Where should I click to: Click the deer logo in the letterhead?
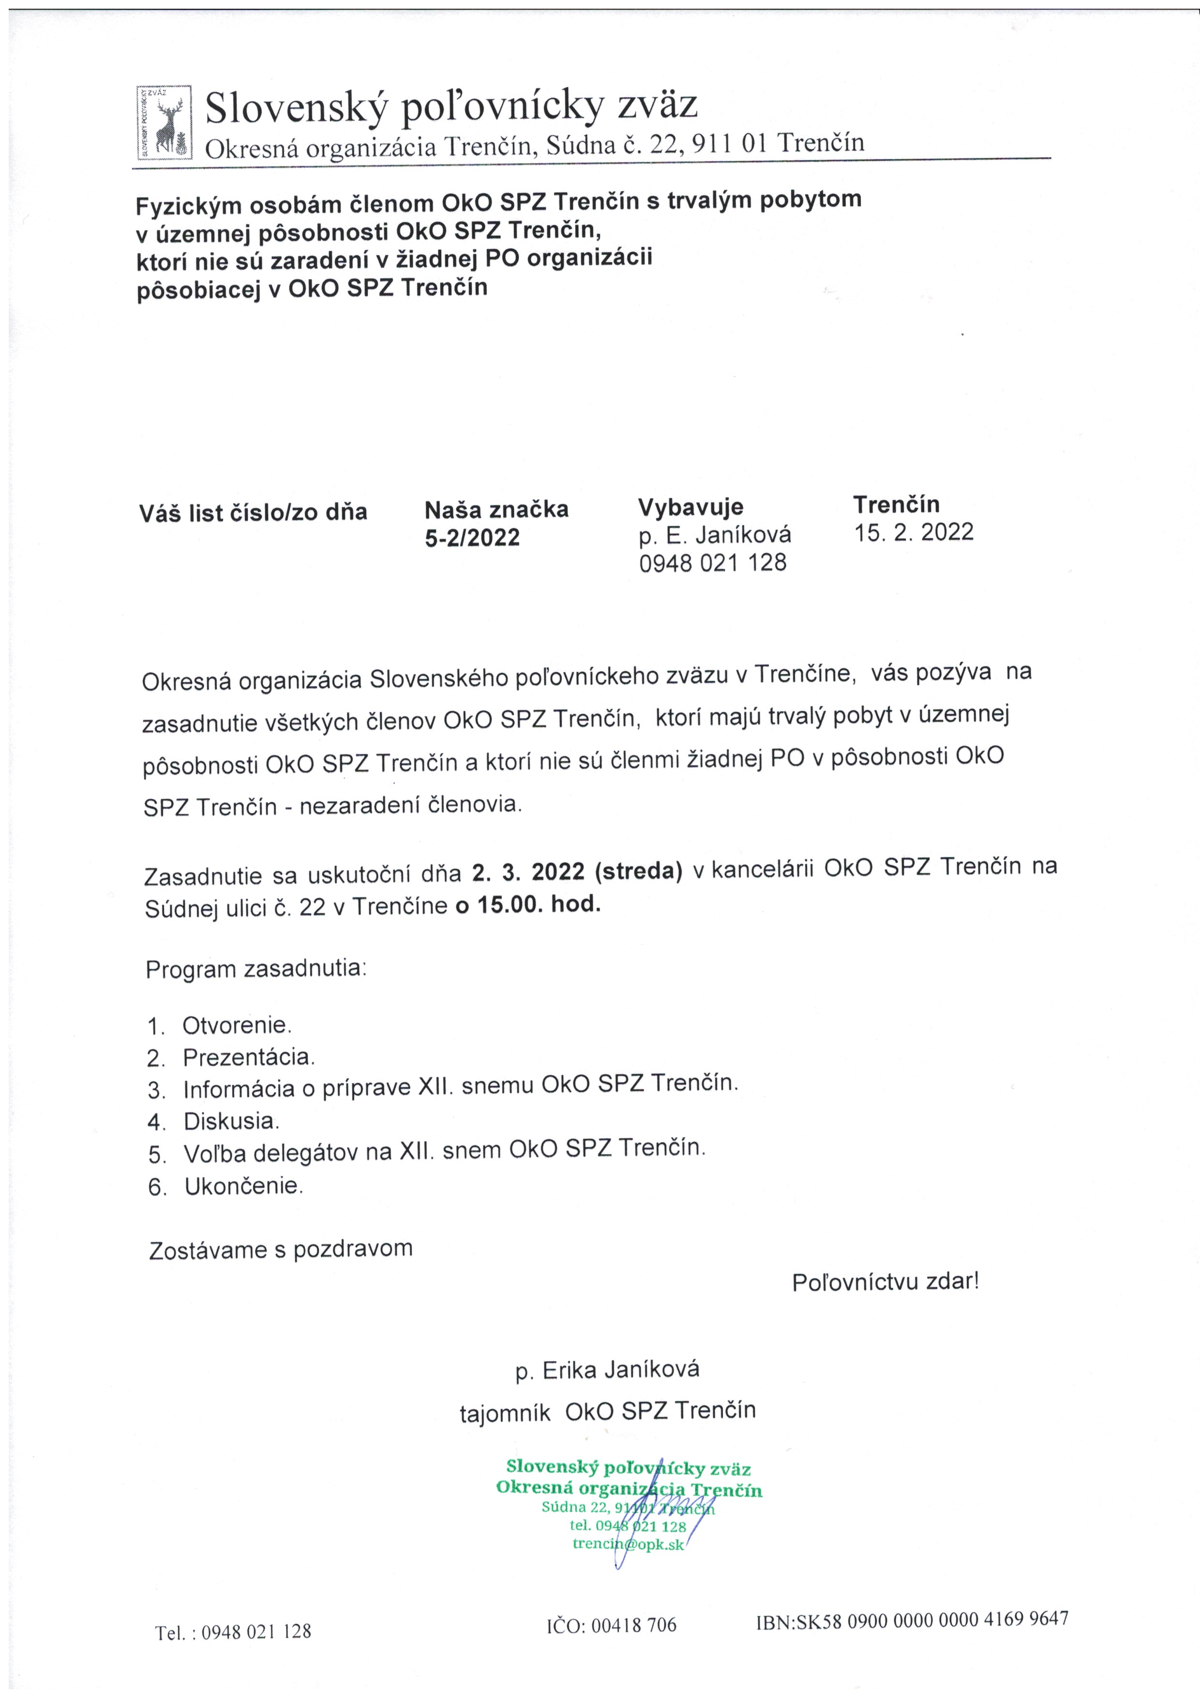164,123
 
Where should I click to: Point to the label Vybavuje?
690,507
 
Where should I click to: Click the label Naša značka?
496,510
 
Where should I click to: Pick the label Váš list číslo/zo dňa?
253,513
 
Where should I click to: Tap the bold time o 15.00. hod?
527,905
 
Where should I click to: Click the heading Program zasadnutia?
256,969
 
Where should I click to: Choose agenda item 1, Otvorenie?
237,1025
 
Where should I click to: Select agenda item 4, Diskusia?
231,1121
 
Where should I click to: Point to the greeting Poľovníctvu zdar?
885,1282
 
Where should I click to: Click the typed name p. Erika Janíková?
607,1370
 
